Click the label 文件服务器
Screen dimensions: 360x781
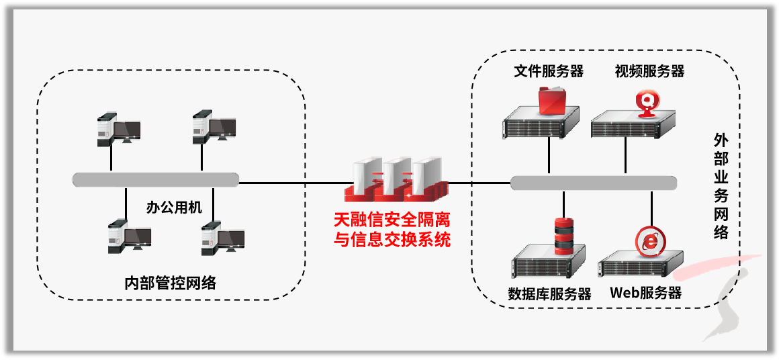pos(548,71)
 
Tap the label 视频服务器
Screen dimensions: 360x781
pos(649,71)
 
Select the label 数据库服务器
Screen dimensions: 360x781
pos(549,294)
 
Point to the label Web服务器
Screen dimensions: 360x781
pos(645,293)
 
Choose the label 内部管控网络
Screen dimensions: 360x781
pos(171,282)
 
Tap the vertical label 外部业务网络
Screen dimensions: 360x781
pos(721,186)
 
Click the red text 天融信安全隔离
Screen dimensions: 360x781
pos(393,220)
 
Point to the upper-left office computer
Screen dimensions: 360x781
pos(117,128)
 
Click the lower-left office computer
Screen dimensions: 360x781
pos(128,236)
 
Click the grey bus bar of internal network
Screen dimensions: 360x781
pos(156,179)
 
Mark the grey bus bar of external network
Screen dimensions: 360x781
pos(593,183)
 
